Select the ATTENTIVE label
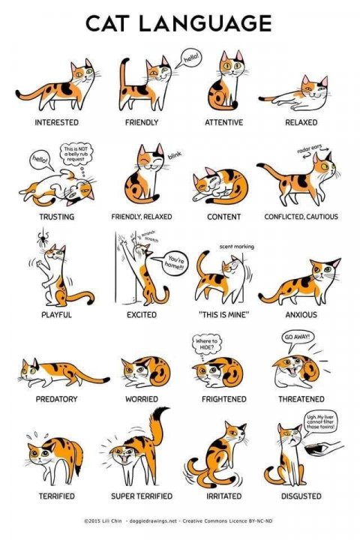[224, 121]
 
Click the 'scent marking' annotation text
[236, 245]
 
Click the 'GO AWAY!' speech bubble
[299, 338]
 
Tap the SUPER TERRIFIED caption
[142, 496]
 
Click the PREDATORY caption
[56, 399]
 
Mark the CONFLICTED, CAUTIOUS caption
[301, 217]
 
